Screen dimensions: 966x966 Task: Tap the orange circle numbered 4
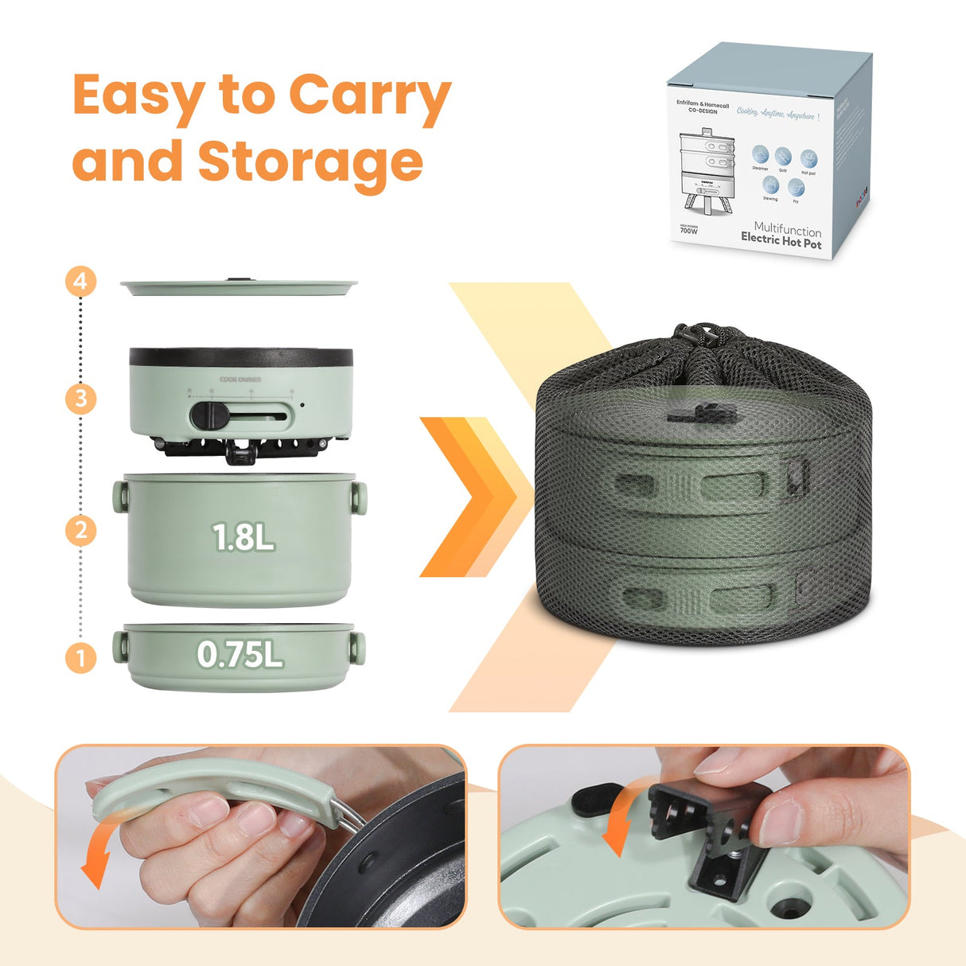80,282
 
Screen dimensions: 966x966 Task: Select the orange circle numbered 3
80,398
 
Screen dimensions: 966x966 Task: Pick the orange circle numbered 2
80,530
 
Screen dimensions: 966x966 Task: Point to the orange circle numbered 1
80,657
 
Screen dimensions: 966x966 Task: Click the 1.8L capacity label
243,538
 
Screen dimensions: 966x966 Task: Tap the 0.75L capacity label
240,655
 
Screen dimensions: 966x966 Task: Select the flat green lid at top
239,286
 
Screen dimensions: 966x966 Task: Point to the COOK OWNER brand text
240,380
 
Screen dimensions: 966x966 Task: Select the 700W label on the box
689,231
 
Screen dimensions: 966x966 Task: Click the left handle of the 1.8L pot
120,497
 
